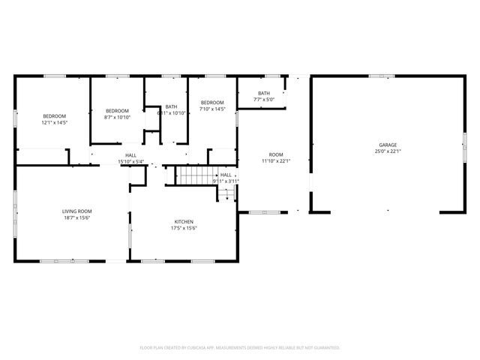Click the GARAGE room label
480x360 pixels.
point(388,145)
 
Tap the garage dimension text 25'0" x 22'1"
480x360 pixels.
point(388,152)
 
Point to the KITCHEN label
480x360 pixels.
point(184,222)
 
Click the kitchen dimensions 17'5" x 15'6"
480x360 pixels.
point(184,229)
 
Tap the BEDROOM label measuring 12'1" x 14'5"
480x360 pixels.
point(54,115)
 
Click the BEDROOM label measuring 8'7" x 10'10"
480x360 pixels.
point(117,110)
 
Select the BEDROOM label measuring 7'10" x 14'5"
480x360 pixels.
point(212,103)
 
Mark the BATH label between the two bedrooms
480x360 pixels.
point(172,106)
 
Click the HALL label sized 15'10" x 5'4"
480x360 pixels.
point(130,154)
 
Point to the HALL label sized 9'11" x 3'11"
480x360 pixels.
point(226,175)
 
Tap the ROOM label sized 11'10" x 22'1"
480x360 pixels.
point(276,154)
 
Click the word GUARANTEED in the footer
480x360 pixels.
point(324,348)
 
